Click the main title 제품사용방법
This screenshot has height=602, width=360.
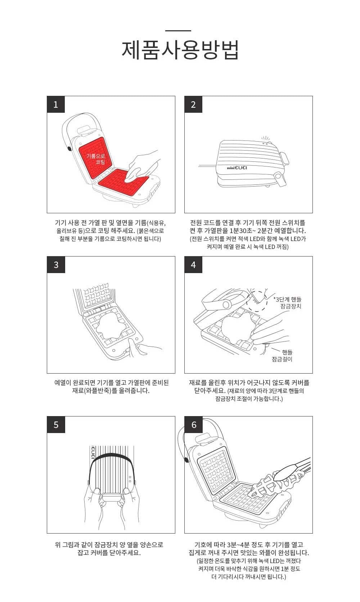180,50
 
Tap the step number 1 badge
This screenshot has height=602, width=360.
56,104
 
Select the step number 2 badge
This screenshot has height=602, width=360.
193,104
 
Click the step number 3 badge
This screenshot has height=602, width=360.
56,265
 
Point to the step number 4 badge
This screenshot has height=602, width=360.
193,265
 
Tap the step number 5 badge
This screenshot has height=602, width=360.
56,425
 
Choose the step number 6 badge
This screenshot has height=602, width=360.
193,425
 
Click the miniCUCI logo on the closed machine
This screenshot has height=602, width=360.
237,168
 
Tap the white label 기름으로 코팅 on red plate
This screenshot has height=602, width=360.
96,159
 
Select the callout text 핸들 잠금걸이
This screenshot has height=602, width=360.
282,356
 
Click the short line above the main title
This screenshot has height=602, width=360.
178,31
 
